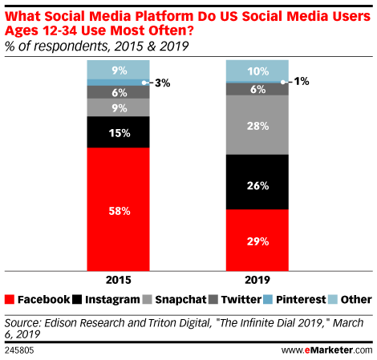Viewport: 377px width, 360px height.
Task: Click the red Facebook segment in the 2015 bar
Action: pyautogui.click(x=118, y=209)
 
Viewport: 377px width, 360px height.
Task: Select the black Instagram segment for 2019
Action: pyautogui.click(x=257, y=182)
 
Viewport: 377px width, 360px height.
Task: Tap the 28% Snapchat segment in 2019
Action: pyautogui.click(x=257, y=125)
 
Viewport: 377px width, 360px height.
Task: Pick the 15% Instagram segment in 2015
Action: pyautogui.click(x=118, y=131)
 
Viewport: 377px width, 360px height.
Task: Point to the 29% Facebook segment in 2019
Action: pyautogui.click(x=257, y=241)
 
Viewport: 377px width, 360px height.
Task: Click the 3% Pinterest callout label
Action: pyautogui.click(x=162, y=83)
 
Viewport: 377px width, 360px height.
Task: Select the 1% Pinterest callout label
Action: pyautogui.click(x=302, y=81)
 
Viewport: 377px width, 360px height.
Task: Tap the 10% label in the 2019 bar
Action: pyautogui.click(x=258, y=71)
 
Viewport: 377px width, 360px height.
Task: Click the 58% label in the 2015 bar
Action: pyautogui.click(x=120, y=211)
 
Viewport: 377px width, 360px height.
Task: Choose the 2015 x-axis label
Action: pyautogui.click(x=119, y=280)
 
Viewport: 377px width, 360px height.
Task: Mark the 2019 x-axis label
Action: pyautogui.click(x=257, y=280)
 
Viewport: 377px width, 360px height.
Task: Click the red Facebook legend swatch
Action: pyautogui.click(x=10, y=299)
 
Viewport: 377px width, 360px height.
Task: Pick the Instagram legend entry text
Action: pyautogui.click(x=112, y=300)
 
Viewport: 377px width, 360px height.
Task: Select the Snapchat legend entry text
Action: pyautogui.click(x=180, y=300)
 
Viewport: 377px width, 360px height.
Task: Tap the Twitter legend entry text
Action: pyautogui.click(x=241, y=299)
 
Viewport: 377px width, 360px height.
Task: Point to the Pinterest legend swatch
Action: pyautogui.click(x=268, y=299)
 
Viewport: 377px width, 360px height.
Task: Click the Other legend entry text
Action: pyautogui.click(x=356, y=299)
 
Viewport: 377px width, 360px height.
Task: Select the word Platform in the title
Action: pyautogui.click(x=164, y=16)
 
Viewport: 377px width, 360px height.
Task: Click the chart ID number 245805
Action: pyautogui.click(x=19, y=350)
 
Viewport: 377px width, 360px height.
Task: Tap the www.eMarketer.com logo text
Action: pyautogui.click(x=326, y=350)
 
